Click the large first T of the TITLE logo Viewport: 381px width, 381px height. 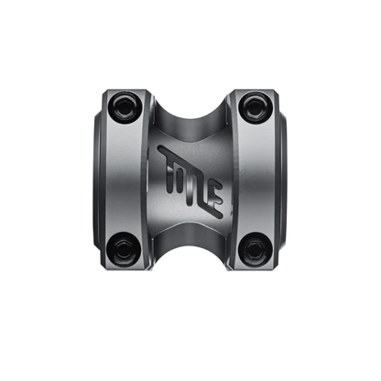(170, 165)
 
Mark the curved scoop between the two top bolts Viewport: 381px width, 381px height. (190, 108)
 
